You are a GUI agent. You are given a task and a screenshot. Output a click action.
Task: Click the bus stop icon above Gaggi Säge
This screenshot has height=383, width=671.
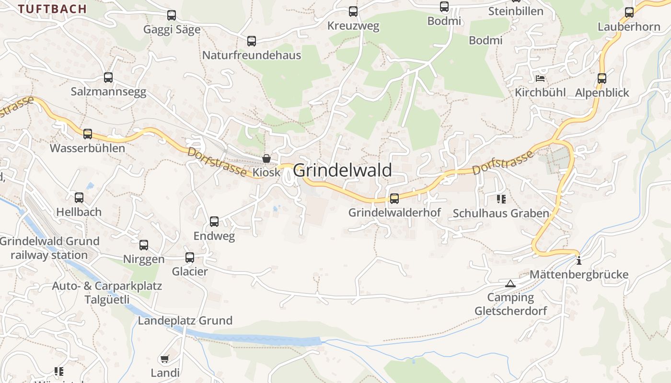click(172, 15)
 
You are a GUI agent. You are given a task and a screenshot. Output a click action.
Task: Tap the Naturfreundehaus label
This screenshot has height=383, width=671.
click(251, 55)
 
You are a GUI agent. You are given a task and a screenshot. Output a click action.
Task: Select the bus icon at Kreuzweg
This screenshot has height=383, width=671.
click(353, 11)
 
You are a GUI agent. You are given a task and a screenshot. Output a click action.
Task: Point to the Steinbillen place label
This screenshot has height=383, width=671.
click(516, 11)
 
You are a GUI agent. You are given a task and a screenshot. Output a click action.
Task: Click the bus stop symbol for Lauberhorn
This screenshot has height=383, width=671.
click(629, 12)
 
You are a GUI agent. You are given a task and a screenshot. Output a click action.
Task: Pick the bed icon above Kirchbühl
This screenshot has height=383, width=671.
click(540, 79)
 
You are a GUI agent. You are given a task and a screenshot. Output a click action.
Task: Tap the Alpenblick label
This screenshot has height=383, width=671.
click(602, 92)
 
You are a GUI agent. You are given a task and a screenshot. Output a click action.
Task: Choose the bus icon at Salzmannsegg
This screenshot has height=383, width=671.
click(108, 78)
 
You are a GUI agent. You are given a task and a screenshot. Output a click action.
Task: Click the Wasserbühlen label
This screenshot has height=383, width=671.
click(87, 148)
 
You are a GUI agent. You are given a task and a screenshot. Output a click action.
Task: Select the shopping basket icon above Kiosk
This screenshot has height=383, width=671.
click(266, 158)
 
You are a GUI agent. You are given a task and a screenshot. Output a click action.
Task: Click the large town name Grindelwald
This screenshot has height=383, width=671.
click(342, 170)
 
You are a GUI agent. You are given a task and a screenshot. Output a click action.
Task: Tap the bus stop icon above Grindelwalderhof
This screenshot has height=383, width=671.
click(394, 198)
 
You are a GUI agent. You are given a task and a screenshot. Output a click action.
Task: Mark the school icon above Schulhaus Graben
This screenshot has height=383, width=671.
click(501, 199)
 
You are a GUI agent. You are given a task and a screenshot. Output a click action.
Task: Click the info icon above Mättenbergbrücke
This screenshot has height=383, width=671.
click(579, 261)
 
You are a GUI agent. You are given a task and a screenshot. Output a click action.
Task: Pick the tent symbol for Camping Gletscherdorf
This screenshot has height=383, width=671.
click(510, 284)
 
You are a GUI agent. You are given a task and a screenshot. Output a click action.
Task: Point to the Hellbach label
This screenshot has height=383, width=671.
click(79, 212)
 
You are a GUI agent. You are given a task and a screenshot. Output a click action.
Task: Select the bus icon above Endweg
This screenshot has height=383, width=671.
click(214, 222)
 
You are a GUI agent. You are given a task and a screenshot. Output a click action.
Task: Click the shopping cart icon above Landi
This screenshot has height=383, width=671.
click(165, 359)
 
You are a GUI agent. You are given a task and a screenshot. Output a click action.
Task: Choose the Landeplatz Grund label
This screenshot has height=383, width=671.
click(185, 320)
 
